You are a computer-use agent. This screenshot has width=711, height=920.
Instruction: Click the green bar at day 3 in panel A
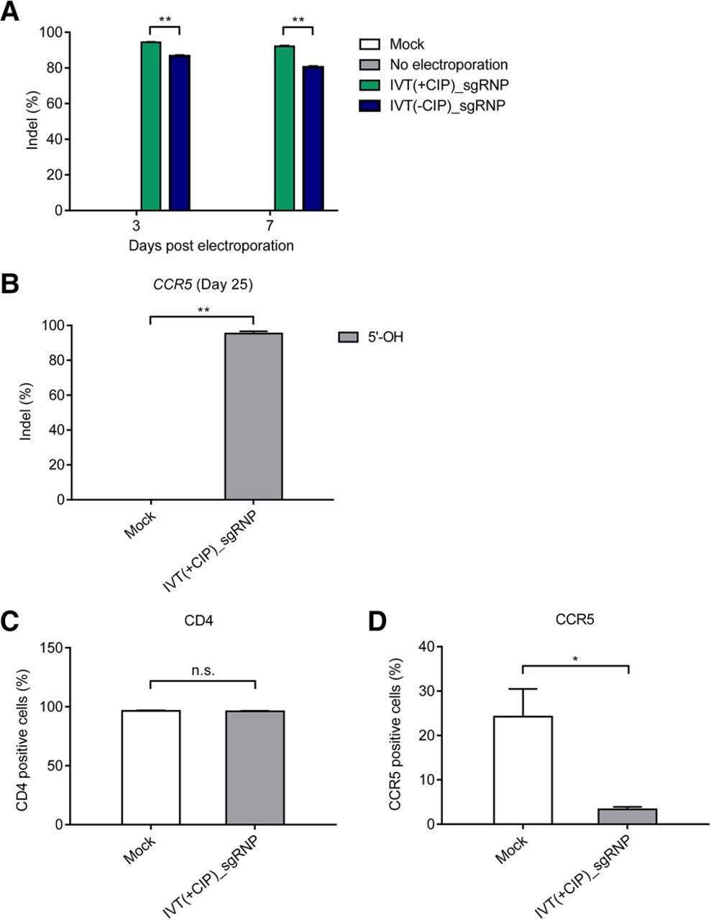(151, 126)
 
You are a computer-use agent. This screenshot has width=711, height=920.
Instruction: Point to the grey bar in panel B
(254, 416)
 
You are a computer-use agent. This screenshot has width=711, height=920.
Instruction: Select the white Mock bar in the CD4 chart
(151, 767)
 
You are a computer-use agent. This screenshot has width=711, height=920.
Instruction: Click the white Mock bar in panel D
(523, 770)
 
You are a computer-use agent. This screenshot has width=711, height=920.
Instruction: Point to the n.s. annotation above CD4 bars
(203, 671)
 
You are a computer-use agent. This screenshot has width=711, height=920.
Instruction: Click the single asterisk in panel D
(575, 658)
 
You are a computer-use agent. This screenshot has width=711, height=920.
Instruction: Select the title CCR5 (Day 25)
(203, 284)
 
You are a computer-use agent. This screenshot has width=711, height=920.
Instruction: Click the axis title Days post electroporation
(211, 246)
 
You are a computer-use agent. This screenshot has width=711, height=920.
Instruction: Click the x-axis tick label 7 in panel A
(270, 226)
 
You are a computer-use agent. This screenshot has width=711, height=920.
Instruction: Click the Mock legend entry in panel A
(407, 44)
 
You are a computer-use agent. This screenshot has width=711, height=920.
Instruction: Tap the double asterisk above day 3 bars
(164, 19)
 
